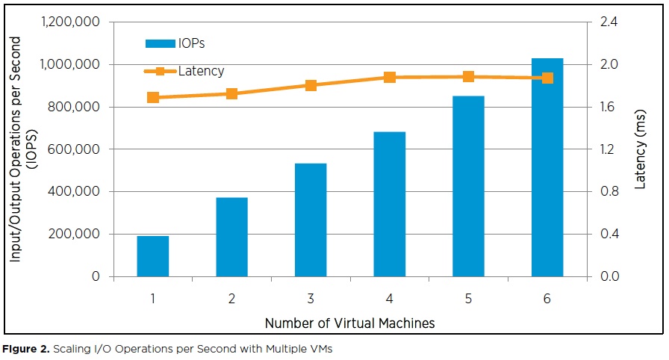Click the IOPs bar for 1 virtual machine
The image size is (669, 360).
152,256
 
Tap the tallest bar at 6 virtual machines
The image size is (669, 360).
547,167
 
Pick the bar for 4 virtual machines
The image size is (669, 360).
389,204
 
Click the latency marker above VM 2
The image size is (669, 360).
231,94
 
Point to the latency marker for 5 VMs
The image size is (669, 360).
468,77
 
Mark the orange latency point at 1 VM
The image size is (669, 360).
153,98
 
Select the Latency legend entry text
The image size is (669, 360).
201,72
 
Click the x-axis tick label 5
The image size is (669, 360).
468,299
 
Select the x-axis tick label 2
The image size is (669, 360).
231,299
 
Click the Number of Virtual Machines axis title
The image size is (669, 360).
349,323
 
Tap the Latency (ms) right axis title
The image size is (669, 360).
641,149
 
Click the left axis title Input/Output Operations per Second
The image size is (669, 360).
15,149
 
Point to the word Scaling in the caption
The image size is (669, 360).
71,349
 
